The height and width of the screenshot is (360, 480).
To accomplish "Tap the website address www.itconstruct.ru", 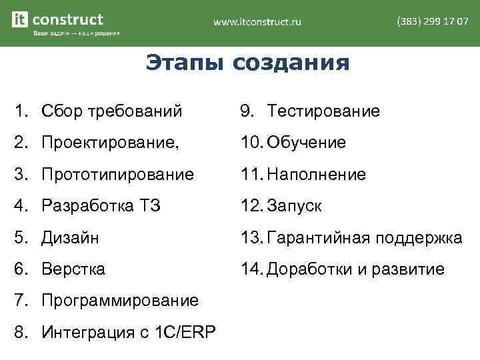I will click(x=257, y=22).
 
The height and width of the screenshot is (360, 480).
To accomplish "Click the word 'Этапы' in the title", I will click(x=185, y=63).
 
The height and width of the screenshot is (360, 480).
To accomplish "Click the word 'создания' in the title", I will click(x=291, y=63).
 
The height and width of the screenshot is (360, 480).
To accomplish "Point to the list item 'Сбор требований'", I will click(x=111, y=111).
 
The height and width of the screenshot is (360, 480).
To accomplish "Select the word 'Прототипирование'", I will click(x=118, y=175).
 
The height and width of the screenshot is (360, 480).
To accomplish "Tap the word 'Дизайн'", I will click(x=69, y=237).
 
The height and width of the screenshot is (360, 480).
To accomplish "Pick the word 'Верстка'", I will click(x=73, y=269).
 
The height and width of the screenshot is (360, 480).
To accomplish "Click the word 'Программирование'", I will click(x=120, y=301).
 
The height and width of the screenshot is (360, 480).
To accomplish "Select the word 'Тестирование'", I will click(x=323, y=111).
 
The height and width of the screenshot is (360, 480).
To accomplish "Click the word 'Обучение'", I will click(x=306, y=143).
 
